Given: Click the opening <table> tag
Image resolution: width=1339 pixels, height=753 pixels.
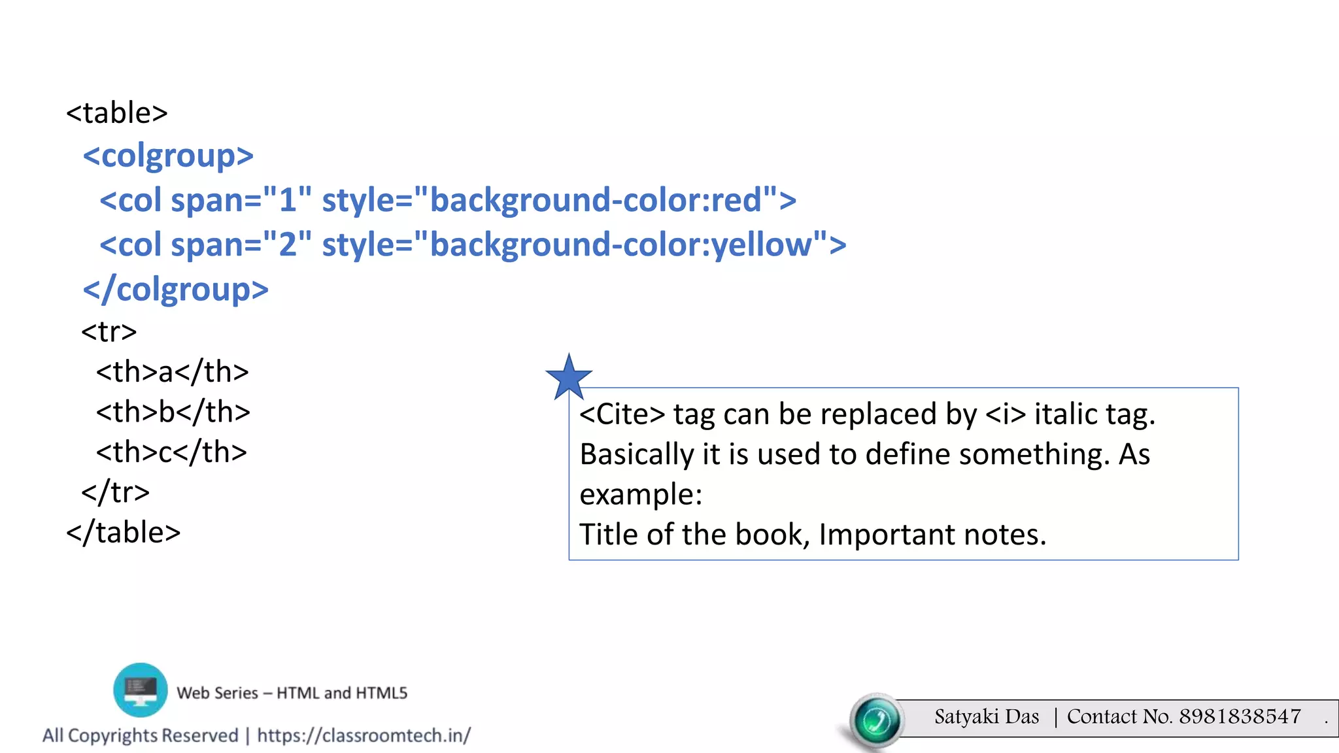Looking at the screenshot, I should [x=117, y=113].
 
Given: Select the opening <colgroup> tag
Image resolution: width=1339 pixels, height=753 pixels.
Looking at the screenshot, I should [x=168, y=156].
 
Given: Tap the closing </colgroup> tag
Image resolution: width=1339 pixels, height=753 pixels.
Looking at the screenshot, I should [x=176, y=290].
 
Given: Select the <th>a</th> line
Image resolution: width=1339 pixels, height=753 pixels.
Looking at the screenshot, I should [x=173, y=372].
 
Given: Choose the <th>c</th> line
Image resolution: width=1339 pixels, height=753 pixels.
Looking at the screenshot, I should [x=171, y=452].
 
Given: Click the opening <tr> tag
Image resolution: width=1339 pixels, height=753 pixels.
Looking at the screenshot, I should [x=109, y=332].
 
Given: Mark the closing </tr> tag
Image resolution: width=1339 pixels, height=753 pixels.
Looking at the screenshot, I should [x=116, y=492].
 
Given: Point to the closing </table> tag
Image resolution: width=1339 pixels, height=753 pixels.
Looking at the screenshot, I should [x=124, y=533].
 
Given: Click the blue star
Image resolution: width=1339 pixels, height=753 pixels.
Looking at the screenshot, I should [x=569, y=378].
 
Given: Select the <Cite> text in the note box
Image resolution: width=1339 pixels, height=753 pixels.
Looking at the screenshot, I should [x=622, y=414].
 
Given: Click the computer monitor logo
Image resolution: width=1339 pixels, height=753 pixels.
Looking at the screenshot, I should [x=140, y=690].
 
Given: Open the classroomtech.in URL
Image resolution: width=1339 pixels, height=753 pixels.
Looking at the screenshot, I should [x=364, y=736].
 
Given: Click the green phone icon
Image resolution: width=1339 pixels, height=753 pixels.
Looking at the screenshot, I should [x=877, y=720].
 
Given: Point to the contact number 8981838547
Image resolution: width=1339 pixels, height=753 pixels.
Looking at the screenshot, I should [x=1240, y=717].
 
